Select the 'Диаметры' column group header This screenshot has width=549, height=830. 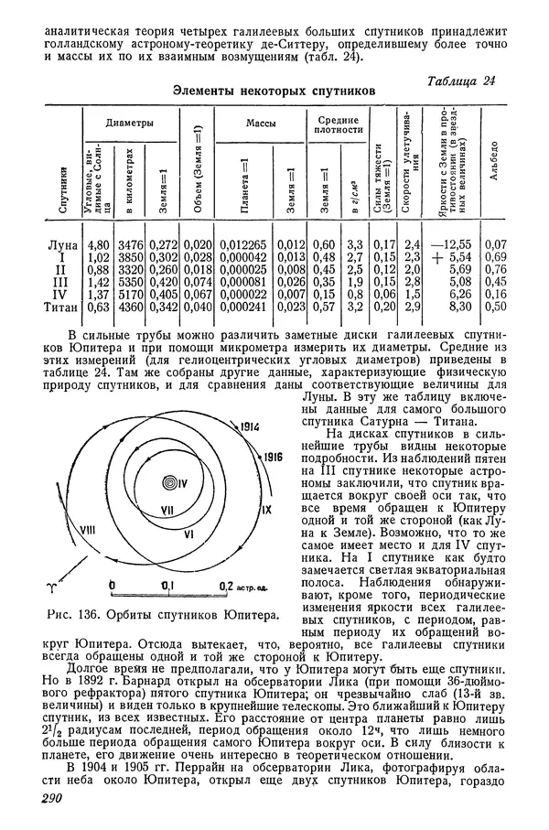tap(129, 123)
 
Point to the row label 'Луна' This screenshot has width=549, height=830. tap(62, 245)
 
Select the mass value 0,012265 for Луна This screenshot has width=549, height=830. tap(243, 245)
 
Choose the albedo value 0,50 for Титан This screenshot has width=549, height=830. tap(495, 307)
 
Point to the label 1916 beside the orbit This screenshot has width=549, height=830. tap(271, 454)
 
